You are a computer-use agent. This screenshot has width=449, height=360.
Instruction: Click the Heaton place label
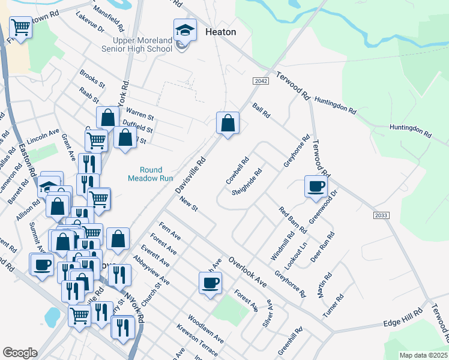point(220,32)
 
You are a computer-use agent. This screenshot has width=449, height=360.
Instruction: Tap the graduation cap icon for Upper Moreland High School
point(185,30)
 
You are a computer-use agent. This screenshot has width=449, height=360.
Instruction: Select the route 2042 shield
point(260,81)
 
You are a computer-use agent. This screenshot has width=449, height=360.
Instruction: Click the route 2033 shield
point(381,215)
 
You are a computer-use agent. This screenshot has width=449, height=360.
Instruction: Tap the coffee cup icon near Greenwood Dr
point(316,186)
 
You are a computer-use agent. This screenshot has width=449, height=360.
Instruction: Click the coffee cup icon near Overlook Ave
point(210,283)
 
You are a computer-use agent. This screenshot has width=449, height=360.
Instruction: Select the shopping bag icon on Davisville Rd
point(228,124)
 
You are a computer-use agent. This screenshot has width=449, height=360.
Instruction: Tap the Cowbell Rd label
point(237,171)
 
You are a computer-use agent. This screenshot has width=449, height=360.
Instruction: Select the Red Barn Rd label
point(292,221)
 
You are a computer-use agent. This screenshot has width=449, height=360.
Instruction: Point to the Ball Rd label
point(262,110)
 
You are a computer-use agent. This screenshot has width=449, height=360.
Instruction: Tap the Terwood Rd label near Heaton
point(292,86)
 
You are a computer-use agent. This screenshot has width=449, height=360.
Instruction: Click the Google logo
point(20,353)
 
